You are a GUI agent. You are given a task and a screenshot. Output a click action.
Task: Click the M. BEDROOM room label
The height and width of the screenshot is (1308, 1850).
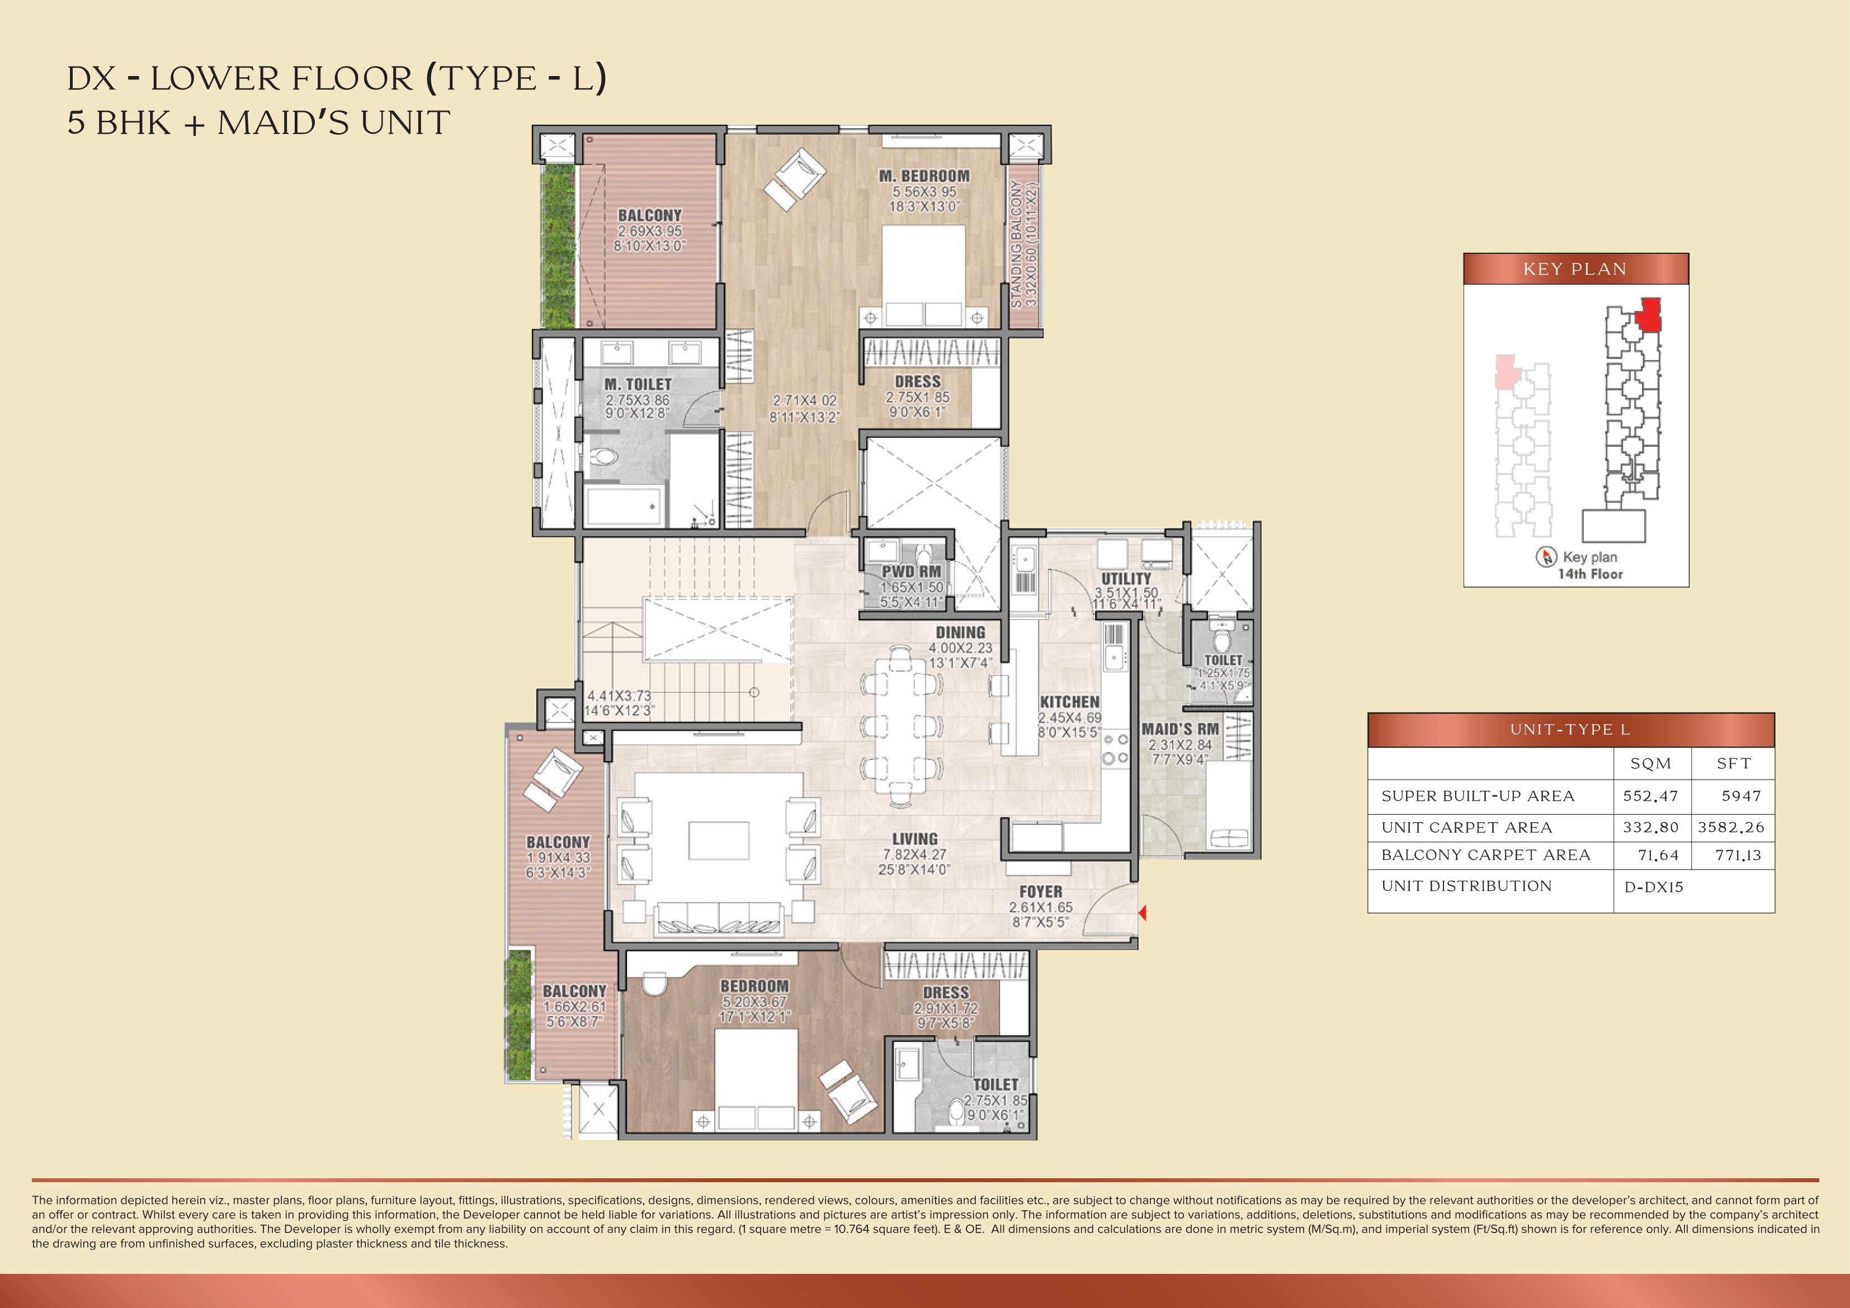click(x=924, y=176)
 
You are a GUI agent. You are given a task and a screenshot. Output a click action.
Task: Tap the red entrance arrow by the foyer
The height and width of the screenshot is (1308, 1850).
click(x=1143, y=912)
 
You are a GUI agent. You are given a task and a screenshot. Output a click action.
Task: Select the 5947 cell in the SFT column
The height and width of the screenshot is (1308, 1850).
click(x=1740, y=796)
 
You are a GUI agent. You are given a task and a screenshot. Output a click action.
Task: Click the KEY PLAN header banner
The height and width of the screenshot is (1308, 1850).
click(x=1575, y=269)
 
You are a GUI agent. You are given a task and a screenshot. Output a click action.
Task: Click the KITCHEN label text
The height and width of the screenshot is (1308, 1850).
click(x=1069, y=702)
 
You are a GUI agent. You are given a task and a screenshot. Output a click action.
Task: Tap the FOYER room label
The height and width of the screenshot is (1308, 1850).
click(x=1040, y=891)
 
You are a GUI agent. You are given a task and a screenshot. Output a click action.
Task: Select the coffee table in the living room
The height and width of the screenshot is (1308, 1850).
click(x=719, y=840)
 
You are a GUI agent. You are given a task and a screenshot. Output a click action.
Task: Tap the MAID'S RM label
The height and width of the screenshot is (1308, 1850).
click(x=1179, y=729)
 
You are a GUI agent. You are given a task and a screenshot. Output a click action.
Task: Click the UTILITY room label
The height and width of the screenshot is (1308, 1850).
click(x=1126, y=579)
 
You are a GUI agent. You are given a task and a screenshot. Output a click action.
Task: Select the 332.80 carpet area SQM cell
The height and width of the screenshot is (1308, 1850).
click(x=1650, y=828)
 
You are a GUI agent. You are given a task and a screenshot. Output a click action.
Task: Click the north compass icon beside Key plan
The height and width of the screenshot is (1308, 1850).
click(x=1545, y=557)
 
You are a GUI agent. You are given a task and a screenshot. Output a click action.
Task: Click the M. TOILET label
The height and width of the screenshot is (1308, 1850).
click(x=638, y=384)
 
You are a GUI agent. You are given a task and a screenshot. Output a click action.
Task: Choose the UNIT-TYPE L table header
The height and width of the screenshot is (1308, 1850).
click(x=1570, y=729)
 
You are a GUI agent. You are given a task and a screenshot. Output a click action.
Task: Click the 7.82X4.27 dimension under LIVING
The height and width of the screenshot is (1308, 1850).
click(x=914, y=854)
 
